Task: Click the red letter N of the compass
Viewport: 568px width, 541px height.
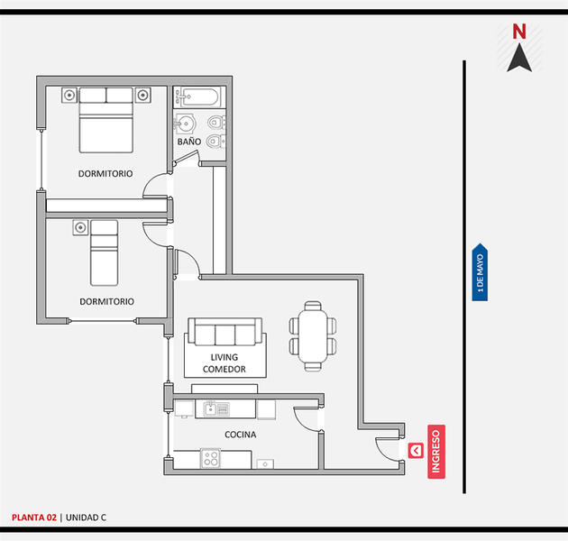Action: [x=519, y=32]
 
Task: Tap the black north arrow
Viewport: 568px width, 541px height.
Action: [x=519, y=58]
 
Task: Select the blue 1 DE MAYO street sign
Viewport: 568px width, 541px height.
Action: [x=480, y=272]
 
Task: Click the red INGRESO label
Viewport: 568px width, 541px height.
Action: [x=436, y=452]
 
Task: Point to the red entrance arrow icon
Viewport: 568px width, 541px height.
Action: [x=416, y=451]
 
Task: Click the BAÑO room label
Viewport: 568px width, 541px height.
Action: [x=189, y=142]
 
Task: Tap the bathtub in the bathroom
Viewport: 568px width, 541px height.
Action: [x=197, y=96]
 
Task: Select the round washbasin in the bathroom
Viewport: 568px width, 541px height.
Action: [x=186, y=124]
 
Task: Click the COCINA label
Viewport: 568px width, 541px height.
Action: [x=241, y=435]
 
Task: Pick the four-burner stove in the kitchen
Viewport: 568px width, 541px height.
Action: [x=210, y=459]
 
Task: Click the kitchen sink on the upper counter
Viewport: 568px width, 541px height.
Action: [x=216, y=409]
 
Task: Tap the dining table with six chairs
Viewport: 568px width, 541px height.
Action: [x=313, y=336]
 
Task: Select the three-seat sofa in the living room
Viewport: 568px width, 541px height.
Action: [x=225, y=332]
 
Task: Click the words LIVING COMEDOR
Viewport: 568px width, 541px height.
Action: [x=224, y=363]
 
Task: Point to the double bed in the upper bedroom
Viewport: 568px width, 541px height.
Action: [x=105, y=120]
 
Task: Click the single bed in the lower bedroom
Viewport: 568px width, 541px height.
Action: [x=104, y=252]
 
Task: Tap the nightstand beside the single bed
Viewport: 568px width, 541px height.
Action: [x=80, y=227]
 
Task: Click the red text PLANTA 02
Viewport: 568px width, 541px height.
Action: [x=34, y=518]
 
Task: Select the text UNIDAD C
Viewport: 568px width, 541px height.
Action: [x=86, y=518]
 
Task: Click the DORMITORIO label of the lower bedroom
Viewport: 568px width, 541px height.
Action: [x=107, y=301]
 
